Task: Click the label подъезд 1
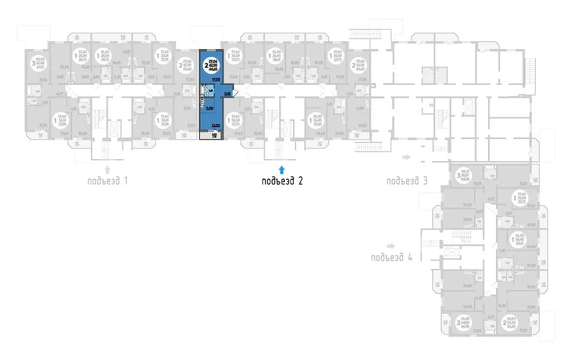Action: [108, 180]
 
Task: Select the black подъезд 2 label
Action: [283, 180]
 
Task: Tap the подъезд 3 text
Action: [407, 180]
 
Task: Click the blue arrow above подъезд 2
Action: [282, 168]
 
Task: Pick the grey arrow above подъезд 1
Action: [108, 168]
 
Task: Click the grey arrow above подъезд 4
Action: [390, 246]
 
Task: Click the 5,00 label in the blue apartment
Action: [209, 109]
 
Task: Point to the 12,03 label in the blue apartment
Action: [215, 126]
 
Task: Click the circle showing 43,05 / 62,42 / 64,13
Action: [40, 63]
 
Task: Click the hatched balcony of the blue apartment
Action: [212, 136]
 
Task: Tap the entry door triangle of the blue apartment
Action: [236, 93]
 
